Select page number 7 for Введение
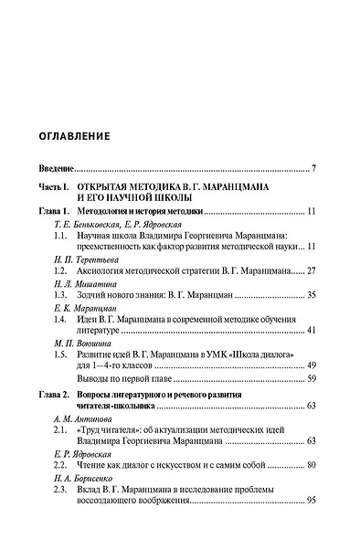pyautogui.click(x=313, y=169)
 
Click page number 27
pyautogui.click(x=311, y=271)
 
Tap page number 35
pyautogui.click(x=311, y=296)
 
